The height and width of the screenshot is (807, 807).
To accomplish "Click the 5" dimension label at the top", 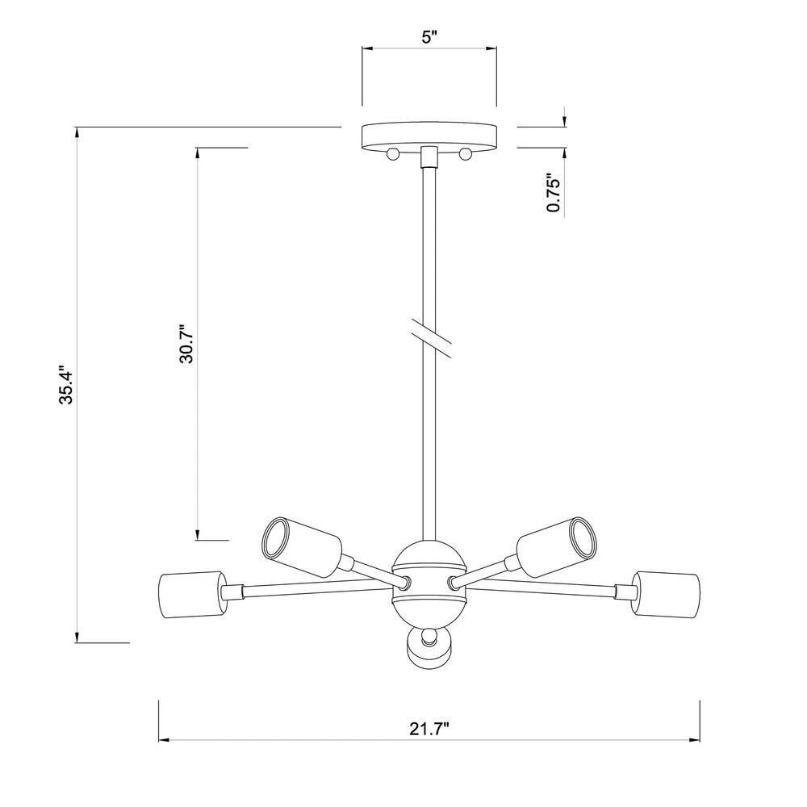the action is [x=429, y=38].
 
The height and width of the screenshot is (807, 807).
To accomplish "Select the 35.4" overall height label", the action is [x=68, y=384].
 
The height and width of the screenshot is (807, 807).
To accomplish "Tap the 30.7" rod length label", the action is [x=186, y=343].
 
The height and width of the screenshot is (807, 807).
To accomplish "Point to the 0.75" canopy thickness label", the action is [x=554, y=193].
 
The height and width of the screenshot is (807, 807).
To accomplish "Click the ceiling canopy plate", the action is [x=429, y=137].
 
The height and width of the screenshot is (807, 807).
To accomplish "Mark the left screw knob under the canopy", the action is [x=393, y=153].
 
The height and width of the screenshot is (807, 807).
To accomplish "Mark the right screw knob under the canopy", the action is [x=466, y=153].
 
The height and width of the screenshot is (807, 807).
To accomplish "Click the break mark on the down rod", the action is [x=431, y=337].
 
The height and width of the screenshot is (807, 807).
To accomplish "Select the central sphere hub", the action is [x=429, y=583].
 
